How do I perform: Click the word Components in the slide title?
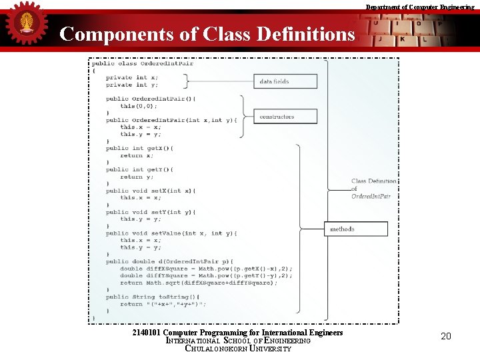pyautogui.click(x=117, y=34)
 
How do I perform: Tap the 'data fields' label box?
pyautogui.click(x=275, y=81)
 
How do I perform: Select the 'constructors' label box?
pyautogui.click(x=276, y=117)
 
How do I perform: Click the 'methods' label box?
pyautogui.click(x=355, y=229)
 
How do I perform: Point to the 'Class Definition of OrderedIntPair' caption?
pyautogui.click(x=373, y=189)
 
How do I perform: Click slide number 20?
pyautogui.click(x=446, y=336)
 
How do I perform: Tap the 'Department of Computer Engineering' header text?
pyautogui.click(x=419, y=7)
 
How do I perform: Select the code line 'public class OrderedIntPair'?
pyautogui.click(x=143, y=63)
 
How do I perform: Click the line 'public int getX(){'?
pyautogui.click(x=139, y=148)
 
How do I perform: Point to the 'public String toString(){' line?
pyautogui.click(x=152, y=297)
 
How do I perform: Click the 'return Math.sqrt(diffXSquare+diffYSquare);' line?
pyautogui.click(x=199, y=283)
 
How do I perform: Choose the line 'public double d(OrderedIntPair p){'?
pyautogui.click(x=169, y=261)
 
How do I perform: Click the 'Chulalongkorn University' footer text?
pyautogui.click(x=238, y=348)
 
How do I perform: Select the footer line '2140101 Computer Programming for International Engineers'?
pyautogui.click(x=238, y=332)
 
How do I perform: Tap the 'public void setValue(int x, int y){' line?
pyautogui.click(x=171, y=233)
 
